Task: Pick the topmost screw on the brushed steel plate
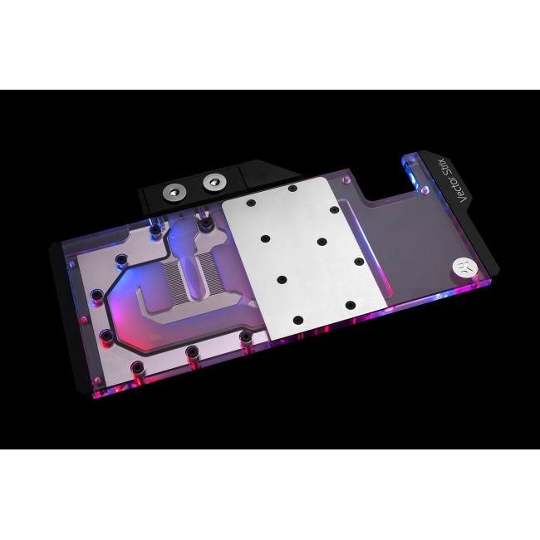coord(292,189)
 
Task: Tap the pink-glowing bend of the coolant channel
coord(154,295)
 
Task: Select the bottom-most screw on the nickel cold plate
coord(192,351)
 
